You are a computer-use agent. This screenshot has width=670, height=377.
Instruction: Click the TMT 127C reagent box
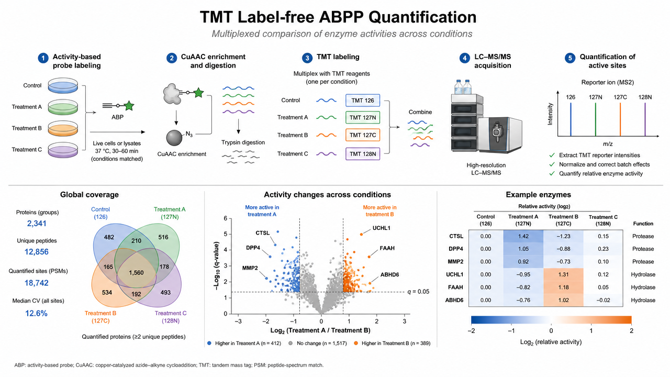click(x=363, y=135)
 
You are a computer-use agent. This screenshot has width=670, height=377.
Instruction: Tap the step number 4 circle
click(x=464, y=58)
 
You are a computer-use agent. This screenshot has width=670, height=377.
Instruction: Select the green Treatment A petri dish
click(x=63, y=107)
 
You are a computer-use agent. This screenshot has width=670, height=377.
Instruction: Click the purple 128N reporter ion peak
click(x=645, y=120)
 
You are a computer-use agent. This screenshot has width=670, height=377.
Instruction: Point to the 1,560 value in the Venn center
click(x=136, y=273)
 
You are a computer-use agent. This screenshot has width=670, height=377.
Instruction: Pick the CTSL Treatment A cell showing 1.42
click(x=523, y=236)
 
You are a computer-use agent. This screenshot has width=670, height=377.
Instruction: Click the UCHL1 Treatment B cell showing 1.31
click(x=563, y=274)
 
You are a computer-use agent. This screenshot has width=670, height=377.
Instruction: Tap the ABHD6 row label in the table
click(x=454, y=300)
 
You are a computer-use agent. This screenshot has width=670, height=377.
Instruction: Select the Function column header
click(x=643, y=224)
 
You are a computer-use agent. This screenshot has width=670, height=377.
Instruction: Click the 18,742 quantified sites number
click(x=37, y=283)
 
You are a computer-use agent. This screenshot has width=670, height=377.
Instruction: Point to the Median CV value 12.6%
click(x=36, y=313)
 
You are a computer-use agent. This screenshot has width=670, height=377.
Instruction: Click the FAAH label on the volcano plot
click(x=387, y=248)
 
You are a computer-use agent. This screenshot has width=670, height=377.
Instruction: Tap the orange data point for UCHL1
click(x=361, y=234)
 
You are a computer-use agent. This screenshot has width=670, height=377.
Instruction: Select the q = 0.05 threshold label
click(x=418, y=292)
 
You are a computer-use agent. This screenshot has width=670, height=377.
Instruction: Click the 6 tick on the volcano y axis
click(x=225, y=218)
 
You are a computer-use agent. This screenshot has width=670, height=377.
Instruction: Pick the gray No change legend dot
click(x=290, y=343)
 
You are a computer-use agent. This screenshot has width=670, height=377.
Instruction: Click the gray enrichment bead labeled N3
click(x=174, y=138)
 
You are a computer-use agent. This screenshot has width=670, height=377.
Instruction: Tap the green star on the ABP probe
click(x=129, y=106)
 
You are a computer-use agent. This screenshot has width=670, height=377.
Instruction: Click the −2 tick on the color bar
click(x=471, y=330)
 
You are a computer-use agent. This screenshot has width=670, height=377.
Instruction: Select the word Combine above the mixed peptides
click(x=420, y=112)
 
